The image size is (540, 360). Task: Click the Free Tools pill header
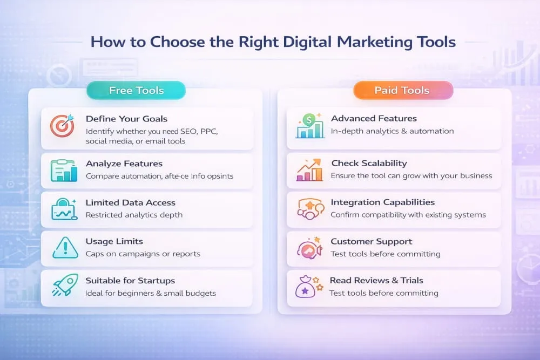click(136, 90)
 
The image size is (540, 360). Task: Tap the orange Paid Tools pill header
click(402, 90)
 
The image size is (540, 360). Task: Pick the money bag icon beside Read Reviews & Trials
click(307, 287)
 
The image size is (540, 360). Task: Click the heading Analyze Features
click(124, 164)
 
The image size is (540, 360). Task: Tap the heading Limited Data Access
click(130, 202)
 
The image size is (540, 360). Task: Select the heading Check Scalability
click(369, 163)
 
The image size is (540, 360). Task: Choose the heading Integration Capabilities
click(382, 202)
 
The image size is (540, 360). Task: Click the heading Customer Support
click(371, 241)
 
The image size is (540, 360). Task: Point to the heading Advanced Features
click(374, 118)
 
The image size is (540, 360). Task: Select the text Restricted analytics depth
click(134, 215)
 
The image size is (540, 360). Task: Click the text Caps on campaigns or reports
click(143, 254)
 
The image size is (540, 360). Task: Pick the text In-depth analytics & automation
click(392, 131)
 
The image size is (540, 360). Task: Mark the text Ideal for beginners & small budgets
click(150, 293)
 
